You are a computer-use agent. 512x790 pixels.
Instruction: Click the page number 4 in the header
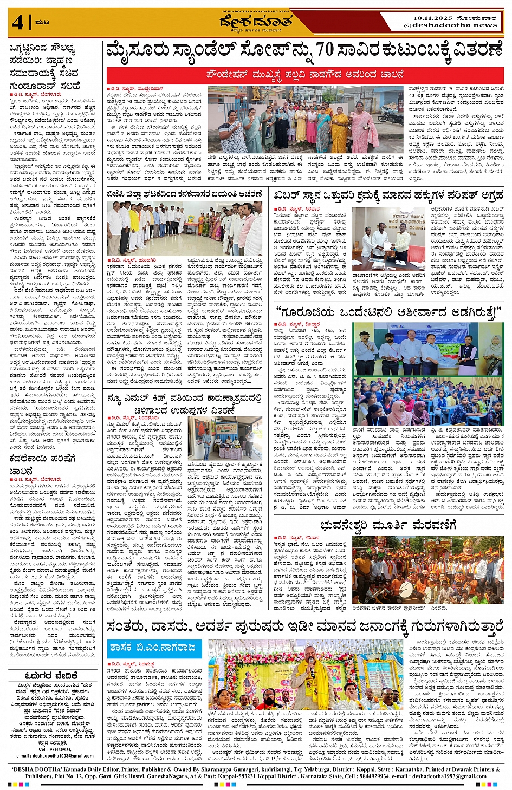point(18,23)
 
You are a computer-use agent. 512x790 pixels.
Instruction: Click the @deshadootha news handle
point(451,25)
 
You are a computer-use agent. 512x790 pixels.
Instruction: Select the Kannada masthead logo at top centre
point(256,23)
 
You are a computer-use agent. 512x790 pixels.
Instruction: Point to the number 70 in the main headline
point(325,50)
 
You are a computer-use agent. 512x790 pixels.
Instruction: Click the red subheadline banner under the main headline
point(305,75)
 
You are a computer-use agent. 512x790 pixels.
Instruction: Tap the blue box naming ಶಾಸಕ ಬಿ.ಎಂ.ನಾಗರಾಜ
point(154,648)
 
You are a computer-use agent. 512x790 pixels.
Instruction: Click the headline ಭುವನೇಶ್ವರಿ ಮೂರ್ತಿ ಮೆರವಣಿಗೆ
point(388,525)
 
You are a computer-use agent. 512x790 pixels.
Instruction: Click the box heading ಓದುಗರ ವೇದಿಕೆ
point(52,675)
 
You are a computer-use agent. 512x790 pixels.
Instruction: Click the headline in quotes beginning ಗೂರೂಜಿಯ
point(388,312)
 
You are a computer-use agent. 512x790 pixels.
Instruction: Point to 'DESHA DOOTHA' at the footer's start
point(38,769)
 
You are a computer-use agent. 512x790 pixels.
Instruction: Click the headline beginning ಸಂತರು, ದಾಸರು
point(305,626)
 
